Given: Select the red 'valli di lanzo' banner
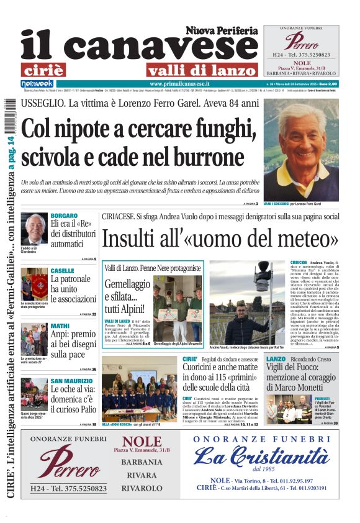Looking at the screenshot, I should pos(201,70).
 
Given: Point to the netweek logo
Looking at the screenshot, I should pos(37,83).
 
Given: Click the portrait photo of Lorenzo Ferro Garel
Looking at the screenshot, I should pos(300,150).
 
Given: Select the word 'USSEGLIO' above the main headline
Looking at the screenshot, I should pos(42,103).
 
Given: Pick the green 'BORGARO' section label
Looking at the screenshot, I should pos(64,216).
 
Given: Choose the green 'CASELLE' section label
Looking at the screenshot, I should pos(62,271).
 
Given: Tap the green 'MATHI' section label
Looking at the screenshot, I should pos(60,325).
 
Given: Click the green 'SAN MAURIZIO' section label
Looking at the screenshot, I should pos(71,380).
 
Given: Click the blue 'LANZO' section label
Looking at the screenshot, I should pos(276,359).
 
